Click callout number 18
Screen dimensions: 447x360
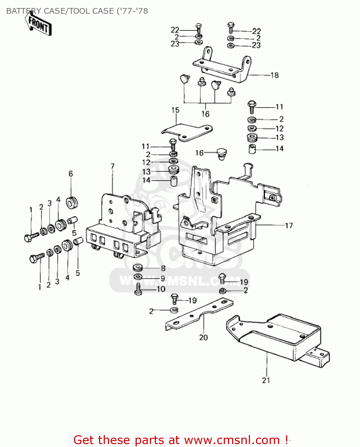274,75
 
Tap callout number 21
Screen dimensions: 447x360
266,380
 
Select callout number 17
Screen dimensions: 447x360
289,226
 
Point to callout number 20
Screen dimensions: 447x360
203,337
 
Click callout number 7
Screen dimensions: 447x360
112,166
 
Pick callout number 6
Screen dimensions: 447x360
71,173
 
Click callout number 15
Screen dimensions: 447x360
175,110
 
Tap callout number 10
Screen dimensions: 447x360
161,289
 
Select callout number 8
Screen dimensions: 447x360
163,268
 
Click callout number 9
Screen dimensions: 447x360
163,278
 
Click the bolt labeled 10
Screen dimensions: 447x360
138,289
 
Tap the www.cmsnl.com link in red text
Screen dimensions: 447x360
232,440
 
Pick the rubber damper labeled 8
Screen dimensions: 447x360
137,267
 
